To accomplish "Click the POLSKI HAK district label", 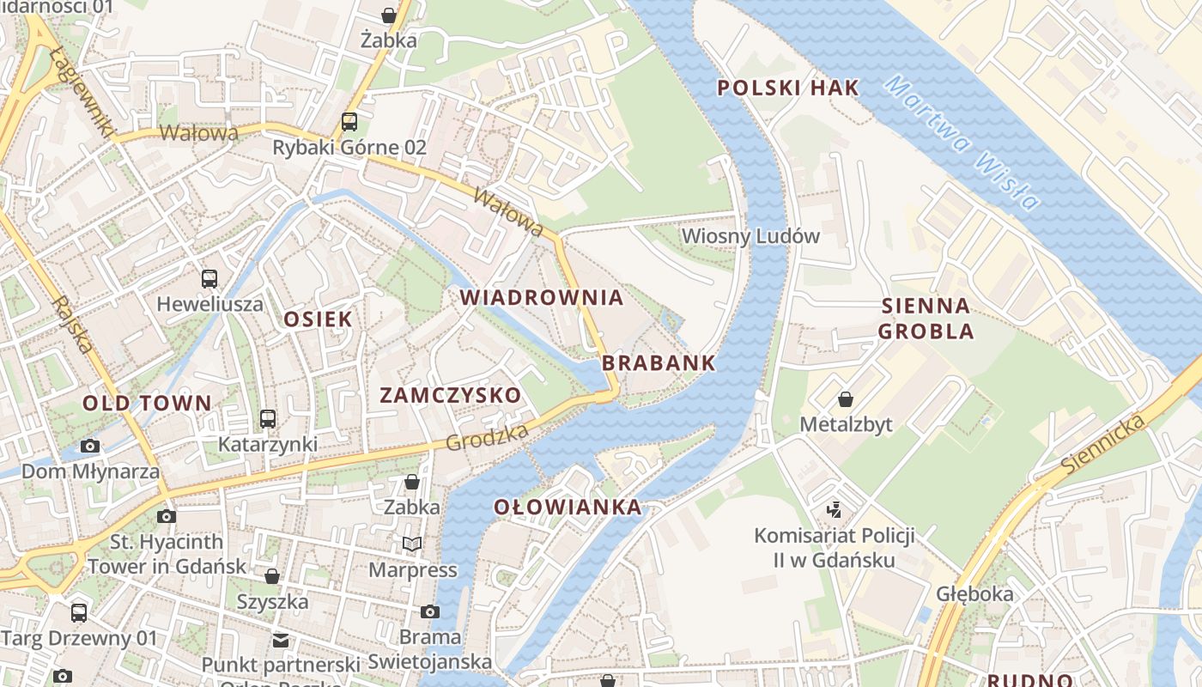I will pyautogui.click(x=787, y=88).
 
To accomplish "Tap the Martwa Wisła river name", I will pyautogui.click(x=962, y=143).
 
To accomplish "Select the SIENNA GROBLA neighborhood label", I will pyautogui.click(x=926, y=318).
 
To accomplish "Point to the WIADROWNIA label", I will pyautogui.click(x=541, y=298).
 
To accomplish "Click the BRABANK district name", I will pyautogui.click(x=659, y=362).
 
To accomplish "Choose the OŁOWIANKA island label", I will pyautogui.click(x=568, y=508).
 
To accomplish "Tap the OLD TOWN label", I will pyautogui.click(x=147, y=403).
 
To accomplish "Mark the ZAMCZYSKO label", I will pyautogui.click(x=450, y=395).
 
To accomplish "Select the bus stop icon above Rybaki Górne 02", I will pyautogui.click(x=349, y=122).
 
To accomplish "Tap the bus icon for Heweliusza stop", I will pyautogui.click(x=209, y=278).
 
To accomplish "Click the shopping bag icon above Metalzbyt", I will pyautogui.click(x=846, y=399).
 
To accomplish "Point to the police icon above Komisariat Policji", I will pyautogui.click(x=834, y=510).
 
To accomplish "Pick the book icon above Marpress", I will pyautogui.click(x=412, y=544).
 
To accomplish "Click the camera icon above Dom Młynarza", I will pyautogui.click(x=90, y=446).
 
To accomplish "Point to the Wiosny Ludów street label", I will pyautogui.click(x=750, y=236).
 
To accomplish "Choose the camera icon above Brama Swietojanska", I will pyautogui.click(x=430, y=611).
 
